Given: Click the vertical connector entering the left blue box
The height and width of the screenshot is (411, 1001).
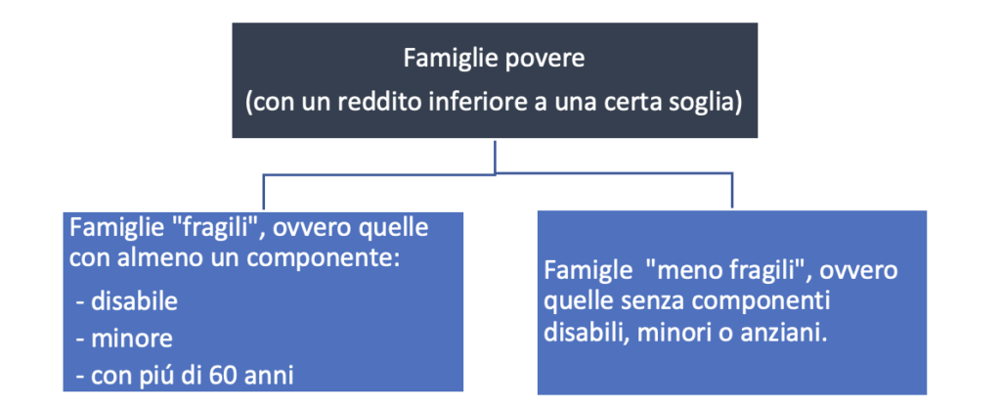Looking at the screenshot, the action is [x=263, y=193].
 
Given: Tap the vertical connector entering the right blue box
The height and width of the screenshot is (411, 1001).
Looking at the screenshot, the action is [x=731, y=192].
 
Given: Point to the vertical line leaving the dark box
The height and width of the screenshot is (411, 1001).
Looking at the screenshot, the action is [x=496, y=156].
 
